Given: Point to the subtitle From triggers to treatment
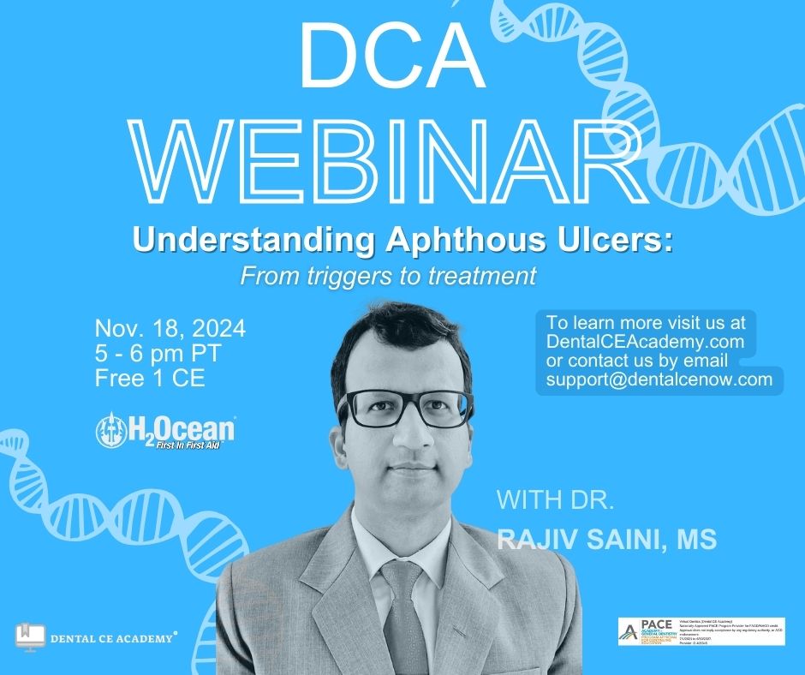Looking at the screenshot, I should pyautogui.click(x=388, y=276).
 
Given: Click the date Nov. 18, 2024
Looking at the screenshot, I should pyautogui.click(x=170, y=328).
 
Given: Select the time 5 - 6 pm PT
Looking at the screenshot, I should pyautogui.click(x=158, y=353).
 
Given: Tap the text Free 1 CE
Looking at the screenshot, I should pyautogui.click(x=150, y=378).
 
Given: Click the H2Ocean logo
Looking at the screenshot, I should pyautogui.click(x=165, y=431).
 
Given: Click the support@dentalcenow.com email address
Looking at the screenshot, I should pyautogui.click(x=659, y=379).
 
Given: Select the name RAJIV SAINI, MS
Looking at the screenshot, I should pyautogui.click(x=607, y=539).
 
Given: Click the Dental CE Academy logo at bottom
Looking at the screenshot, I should pyautogui.click(x=97, y=636).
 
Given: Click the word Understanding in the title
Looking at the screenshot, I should pyautogui.click(x=253, y=242).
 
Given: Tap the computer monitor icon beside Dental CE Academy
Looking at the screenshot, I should pyautogui.click(x=30, y=636).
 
